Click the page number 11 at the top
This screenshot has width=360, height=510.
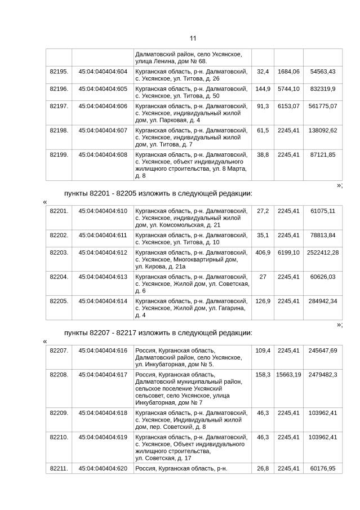193,38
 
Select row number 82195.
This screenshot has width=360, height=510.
59,72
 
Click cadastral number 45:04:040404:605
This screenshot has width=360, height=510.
103,89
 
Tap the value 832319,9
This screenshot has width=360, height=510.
323,89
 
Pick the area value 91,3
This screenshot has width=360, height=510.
263,106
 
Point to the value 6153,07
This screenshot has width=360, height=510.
288,106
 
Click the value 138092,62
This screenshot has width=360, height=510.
323,130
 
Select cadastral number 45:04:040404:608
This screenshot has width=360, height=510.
103,154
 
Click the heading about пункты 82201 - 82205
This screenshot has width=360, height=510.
158,194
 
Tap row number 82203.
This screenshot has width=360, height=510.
59,252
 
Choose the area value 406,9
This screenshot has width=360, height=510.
263,252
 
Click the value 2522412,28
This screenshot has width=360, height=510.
323,252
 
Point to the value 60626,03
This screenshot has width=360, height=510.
323,277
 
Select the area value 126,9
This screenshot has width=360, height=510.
263,301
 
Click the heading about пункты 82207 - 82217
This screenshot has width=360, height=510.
158,332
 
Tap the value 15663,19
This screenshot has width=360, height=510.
288,374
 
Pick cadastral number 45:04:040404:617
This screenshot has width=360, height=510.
103,374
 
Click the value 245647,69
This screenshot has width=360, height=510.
323,351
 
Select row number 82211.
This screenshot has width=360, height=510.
59,468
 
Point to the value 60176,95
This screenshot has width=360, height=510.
323,468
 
